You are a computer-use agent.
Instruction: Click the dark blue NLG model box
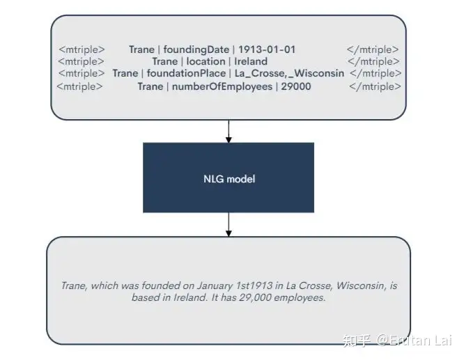pos(228,178)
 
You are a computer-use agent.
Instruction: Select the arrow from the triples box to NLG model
pos(228,130)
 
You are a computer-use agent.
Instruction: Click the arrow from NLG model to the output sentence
pos(228,224)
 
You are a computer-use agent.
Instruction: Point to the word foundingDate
pos(196,49)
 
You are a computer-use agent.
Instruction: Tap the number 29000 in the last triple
pos(296,86)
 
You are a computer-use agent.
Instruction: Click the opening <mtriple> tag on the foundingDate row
pos(82,49)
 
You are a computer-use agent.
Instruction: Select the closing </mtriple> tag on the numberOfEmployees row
pos(375,86)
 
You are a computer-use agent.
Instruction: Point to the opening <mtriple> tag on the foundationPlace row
pos(82,73)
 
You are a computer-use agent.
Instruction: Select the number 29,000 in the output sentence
pos(256,297)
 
